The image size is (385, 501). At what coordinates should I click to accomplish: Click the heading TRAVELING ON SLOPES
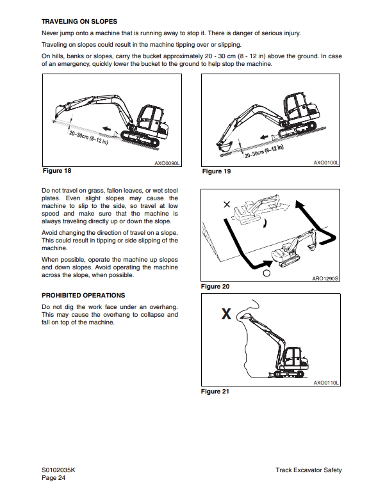coord(79,22)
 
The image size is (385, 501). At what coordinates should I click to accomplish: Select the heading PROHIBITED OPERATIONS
coord(83,296)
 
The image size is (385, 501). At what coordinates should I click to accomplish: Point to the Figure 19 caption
coord(216,171)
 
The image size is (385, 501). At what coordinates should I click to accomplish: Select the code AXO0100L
coord(326,163)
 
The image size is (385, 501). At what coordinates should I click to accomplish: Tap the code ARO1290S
coord(326,279)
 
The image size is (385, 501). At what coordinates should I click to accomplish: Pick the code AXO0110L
coord(326,383)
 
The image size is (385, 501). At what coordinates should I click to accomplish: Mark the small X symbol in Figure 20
coord(226,205)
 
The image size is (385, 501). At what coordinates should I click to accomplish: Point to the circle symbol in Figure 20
coord(266,272)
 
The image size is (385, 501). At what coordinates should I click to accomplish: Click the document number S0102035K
coord(59,470)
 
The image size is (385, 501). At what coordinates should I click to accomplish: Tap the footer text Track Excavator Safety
coord(309,470)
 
